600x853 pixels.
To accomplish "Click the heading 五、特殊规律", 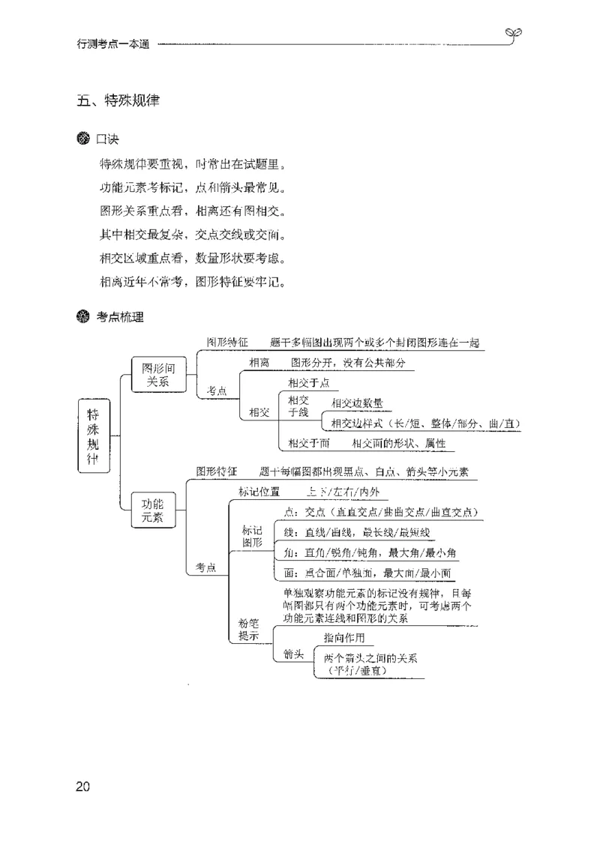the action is (x=118, y=100).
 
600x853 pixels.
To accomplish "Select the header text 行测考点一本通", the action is (x=113, y=44).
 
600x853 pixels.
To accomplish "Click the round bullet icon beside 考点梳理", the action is (x=82, y=317).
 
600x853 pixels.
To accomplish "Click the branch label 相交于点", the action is (x=308, y=382).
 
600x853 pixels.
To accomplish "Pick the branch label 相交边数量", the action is (x=357, y=403).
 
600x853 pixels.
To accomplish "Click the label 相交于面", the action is (x=308, y=443).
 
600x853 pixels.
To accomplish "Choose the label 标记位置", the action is (x=259, y=492).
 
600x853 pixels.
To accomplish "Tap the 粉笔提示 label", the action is (x=248, y=629).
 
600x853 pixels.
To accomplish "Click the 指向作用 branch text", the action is (x=344, y=638).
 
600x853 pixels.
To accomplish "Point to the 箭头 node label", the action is (x=292, y=654).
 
